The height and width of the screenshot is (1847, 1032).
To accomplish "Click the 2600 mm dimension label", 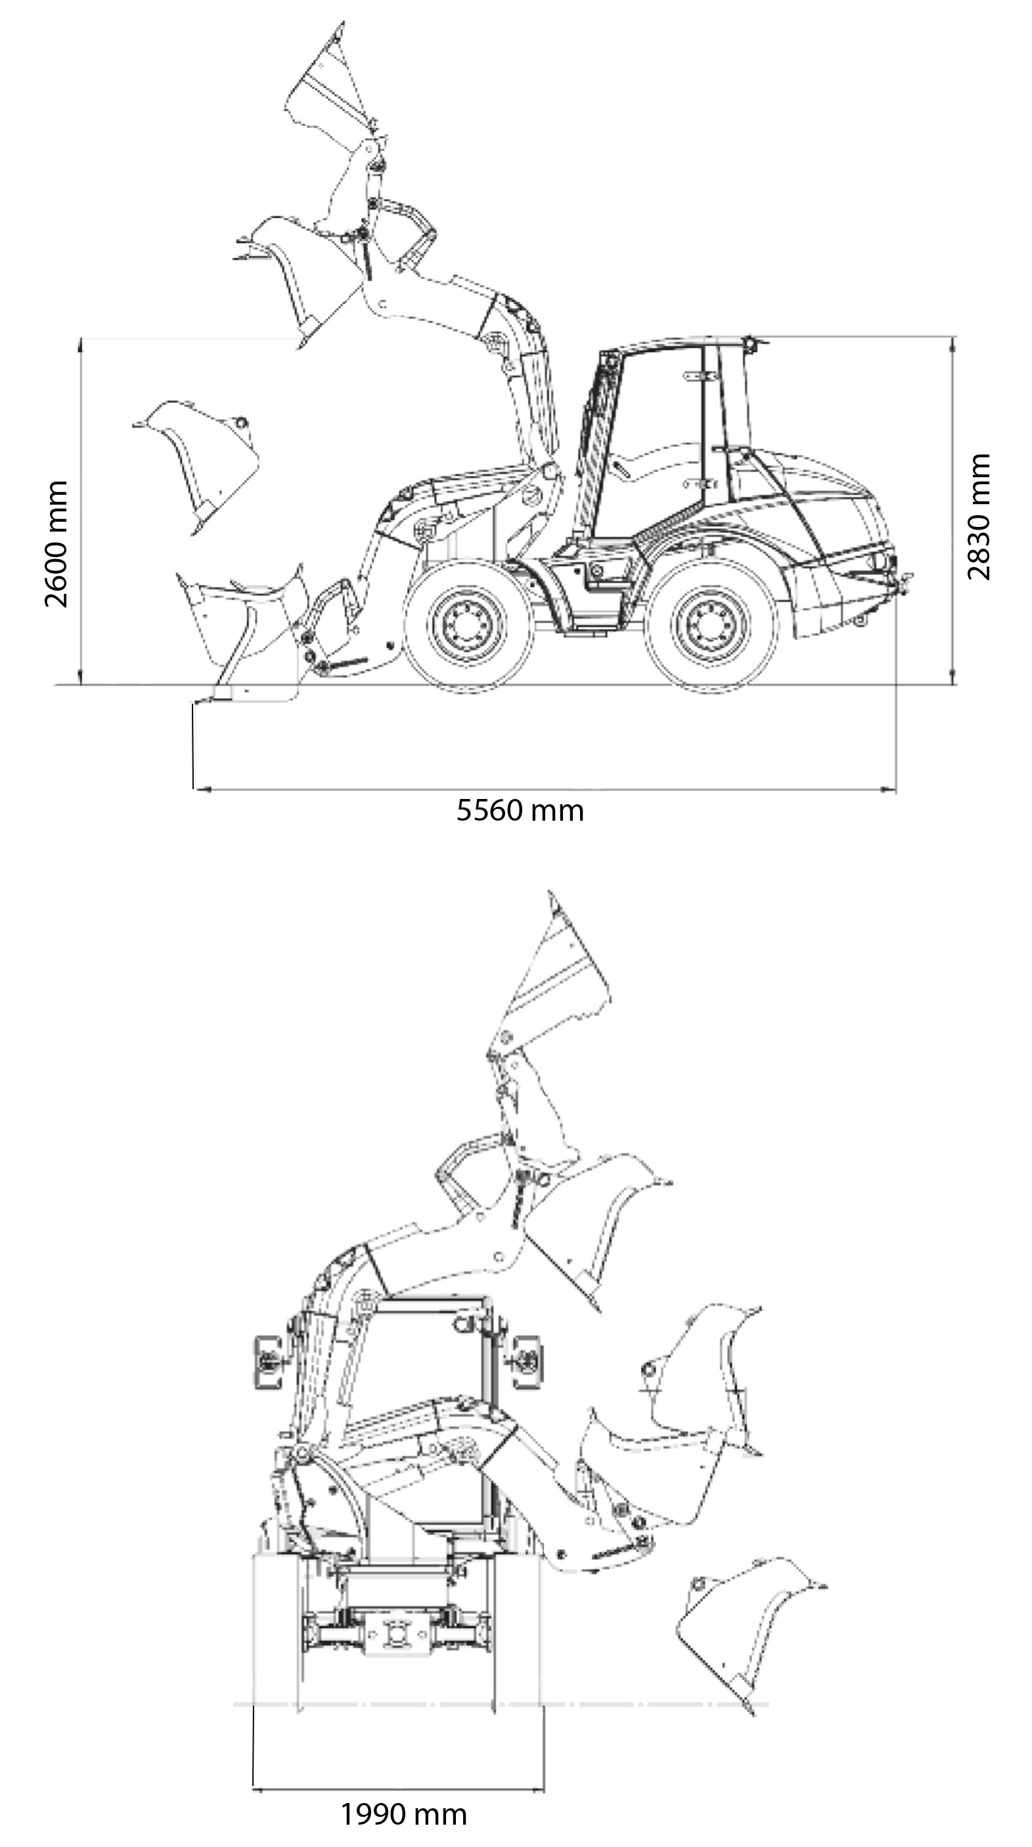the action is (x=56, y=544).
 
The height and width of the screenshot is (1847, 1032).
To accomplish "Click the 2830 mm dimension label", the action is (x=978, y=516).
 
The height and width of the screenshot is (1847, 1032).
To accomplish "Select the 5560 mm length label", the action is (x=520, y=811).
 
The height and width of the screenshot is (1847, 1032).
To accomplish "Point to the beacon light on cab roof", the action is (x=750, y=344).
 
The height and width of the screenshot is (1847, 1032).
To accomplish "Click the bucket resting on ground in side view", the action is (x=244, y=635).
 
